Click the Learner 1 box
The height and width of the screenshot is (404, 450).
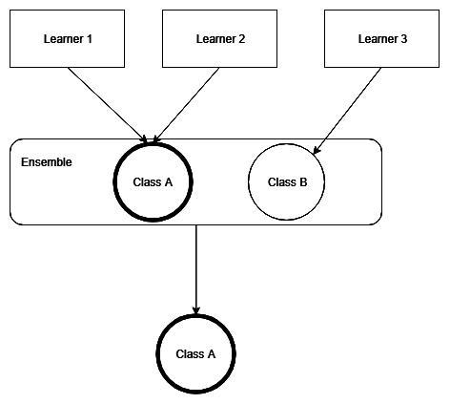click(67, 39)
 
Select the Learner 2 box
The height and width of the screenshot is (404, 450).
click(220, 39)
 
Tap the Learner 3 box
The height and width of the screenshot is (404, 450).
click(381, 39)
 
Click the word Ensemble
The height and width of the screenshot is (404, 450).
click(46, 162)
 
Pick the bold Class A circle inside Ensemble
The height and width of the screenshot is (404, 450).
click(153, 181)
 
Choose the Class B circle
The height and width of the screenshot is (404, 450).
click(287, 181)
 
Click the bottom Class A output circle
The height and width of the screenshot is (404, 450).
click(196, 353)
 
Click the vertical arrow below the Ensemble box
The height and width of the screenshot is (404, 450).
click(196, 267)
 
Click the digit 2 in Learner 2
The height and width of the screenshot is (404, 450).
click(242, 39)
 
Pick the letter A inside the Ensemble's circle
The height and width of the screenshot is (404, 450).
click(168, 181)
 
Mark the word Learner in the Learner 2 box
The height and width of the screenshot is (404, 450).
click(215, 39)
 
